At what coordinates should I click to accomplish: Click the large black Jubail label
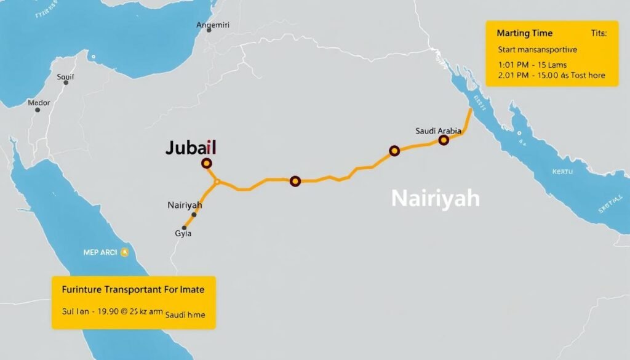[x=191, y=148]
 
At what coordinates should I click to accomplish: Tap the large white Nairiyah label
[x=435, y=199]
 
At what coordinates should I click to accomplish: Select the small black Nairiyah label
[x=185, y=204]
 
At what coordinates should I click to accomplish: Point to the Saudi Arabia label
[x=437, y=130]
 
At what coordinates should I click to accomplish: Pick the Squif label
[x=65, y=77]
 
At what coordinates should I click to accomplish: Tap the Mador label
[x=38, y=103]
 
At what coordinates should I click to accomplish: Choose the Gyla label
[x=183, y=234]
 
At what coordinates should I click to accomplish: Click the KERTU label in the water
[x=561, y=172]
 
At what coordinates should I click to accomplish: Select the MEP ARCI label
[x=100, y=252]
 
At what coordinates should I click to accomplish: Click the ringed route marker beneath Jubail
[x=207, y=163]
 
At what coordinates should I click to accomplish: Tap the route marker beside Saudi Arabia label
[x=444, y=140]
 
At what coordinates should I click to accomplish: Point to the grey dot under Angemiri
[x=210, y=30]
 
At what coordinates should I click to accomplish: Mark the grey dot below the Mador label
[x=38, y=110]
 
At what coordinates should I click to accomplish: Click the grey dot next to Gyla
[x=184, y=228]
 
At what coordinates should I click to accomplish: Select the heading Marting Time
[x=524, y=33]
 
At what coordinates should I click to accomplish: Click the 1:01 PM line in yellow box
[x=532, y=65]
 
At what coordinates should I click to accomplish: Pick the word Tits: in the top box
[x=598, y=34]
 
